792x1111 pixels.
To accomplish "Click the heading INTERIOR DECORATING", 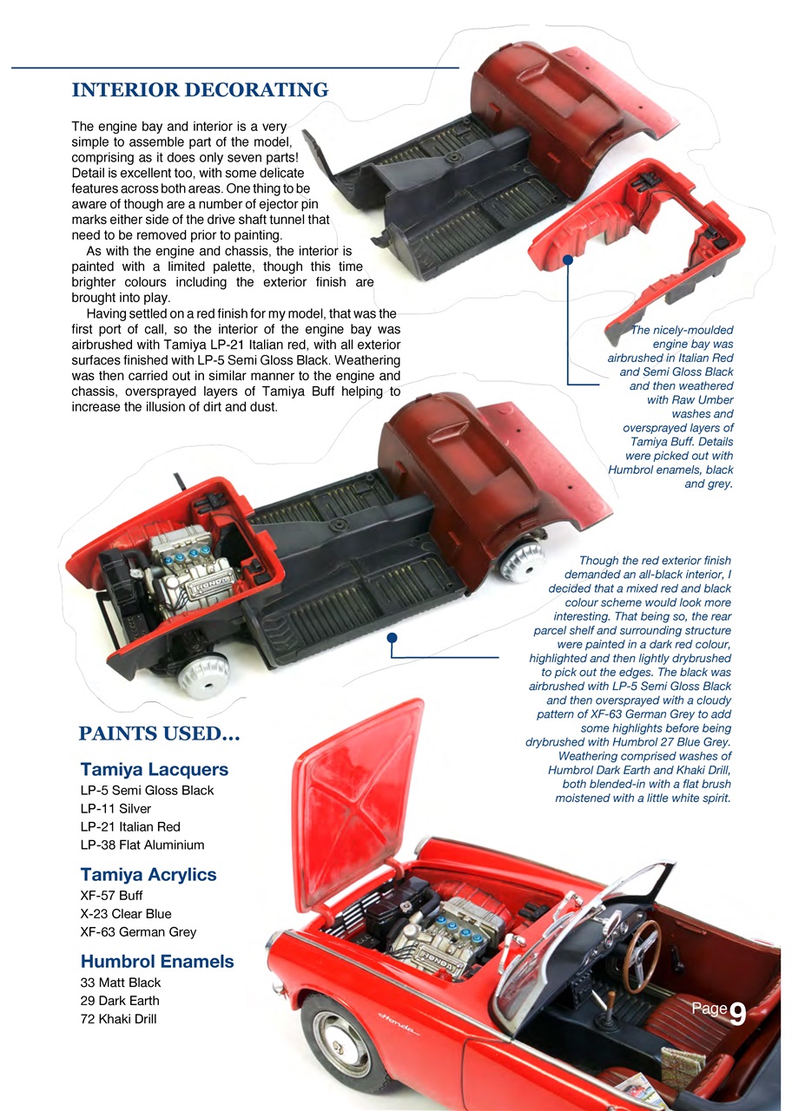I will pyautogui.click(x=200, y=90).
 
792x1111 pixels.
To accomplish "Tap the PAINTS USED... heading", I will pyautogui.click(x=159, y=734).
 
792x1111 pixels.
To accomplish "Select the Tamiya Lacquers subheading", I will pyautogui.click(x=154, y=769).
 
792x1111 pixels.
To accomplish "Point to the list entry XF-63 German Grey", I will pyautogui.click(x=138, y=931).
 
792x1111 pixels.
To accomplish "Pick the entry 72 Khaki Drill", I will pyautogui.click(x=118, y=1018).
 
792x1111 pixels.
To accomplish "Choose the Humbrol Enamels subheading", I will pyautogui.click(x=156, y=961).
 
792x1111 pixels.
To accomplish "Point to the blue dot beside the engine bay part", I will pyautogui.click(x=567, y=259).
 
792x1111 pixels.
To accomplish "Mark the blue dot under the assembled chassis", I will pyautogui.click(x=392, y=638).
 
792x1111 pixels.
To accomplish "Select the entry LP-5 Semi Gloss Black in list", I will pyautogui.click(x=146, y=790).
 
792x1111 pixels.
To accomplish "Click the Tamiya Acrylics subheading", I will pyautogui.click(x=148, y=874).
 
